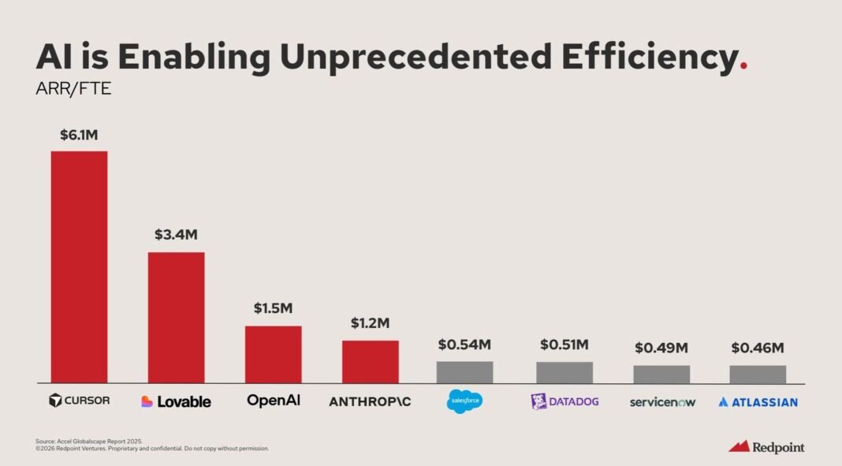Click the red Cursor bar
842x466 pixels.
click(79, 267)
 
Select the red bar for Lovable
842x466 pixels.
click(176, 317)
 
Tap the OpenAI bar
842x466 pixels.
click(273, 354)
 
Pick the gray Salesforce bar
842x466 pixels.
click(465, 372)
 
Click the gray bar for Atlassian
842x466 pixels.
click(758, 374)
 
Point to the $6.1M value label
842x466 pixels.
click(79, 135)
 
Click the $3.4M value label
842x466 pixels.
click(176, 235)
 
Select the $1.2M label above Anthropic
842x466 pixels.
click(370, 323)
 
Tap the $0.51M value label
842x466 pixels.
click(564, 345)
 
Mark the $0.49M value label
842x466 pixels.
click(661, 348)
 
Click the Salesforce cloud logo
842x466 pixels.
click(464, 401)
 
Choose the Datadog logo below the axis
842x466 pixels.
click(564, 401)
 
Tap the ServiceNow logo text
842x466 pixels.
click(662, 402)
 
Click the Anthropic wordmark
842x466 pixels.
click(370, 401)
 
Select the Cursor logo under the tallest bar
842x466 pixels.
click(79, 401)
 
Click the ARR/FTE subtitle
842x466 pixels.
click(62, 90)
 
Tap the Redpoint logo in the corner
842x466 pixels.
click(766, 446)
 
